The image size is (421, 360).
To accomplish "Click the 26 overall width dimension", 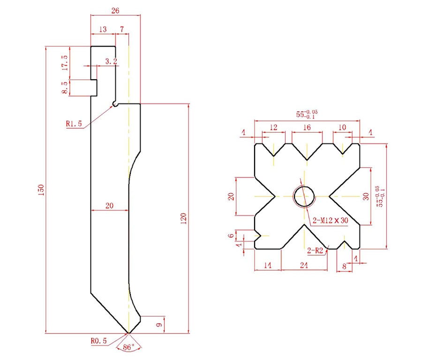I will click(115, 10).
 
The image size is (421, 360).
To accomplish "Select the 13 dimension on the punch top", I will click(103, 29).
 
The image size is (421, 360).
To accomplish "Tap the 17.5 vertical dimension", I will click(64, 62).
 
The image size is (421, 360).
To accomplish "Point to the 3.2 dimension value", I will click(111, 61).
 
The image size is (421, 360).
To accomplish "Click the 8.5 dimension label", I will click(65, 88).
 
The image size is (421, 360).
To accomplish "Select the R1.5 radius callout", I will click(74, 124).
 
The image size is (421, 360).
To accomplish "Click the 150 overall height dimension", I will click(41, 190).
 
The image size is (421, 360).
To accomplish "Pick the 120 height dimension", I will click(183, 218).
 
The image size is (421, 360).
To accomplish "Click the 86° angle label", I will click(128, 347).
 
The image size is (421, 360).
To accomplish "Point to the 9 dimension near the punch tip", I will click(159, 324).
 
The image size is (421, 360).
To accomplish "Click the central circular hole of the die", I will click(304, 195).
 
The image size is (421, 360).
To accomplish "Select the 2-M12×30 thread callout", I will click(329, 220).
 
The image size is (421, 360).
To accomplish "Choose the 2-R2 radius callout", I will click(315, 250).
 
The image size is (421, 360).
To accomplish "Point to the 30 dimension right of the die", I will click(367, 196).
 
